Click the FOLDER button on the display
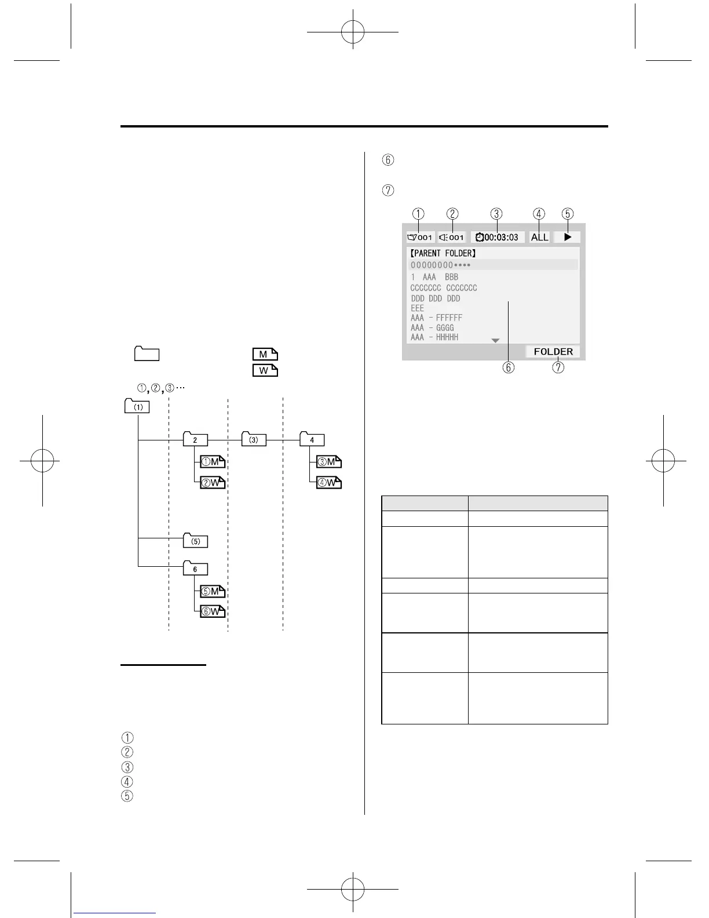pos(553,352)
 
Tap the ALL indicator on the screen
pos(539,237)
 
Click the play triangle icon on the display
pos(567,237)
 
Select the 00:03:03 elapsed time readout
pos(497,237)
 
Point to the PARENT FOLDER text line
pos(443,253)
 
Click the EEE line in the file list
pos(417,308)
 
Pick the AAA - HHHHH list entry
pos(434,337)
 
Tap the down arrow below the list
pos(495,341)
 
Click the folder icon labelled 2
pos(195,439)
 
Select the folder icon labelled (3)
pos(253,439)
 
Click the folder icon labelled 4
pos(312,439)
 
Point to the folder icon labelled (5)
pos(195,541)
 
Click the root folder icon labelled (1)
pos(137,406)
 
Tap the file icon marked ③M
pos(329,462)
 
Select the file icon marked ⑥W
pos(213,611)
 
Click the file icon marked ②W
pos(213,482)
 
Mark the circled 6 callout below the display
pos(508,367)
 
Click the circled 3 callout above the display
pos(496,214)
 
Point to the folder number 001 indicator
pos(420,237)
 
